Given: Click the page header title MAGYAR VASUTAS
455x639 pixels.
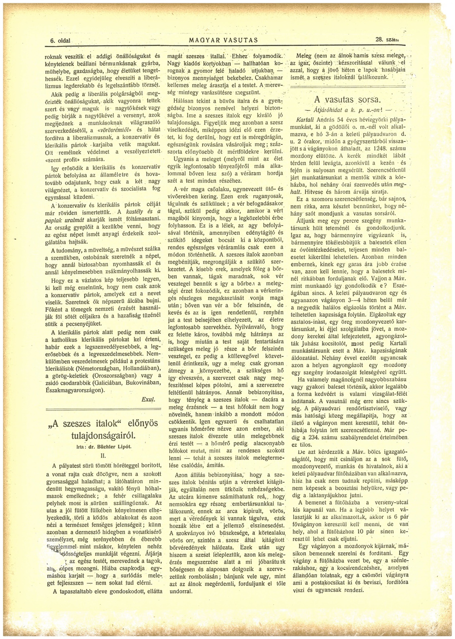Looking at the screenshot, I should [223, 40].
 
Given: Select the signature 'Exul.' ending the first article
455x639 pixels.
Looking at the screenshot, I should [148, 399].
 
